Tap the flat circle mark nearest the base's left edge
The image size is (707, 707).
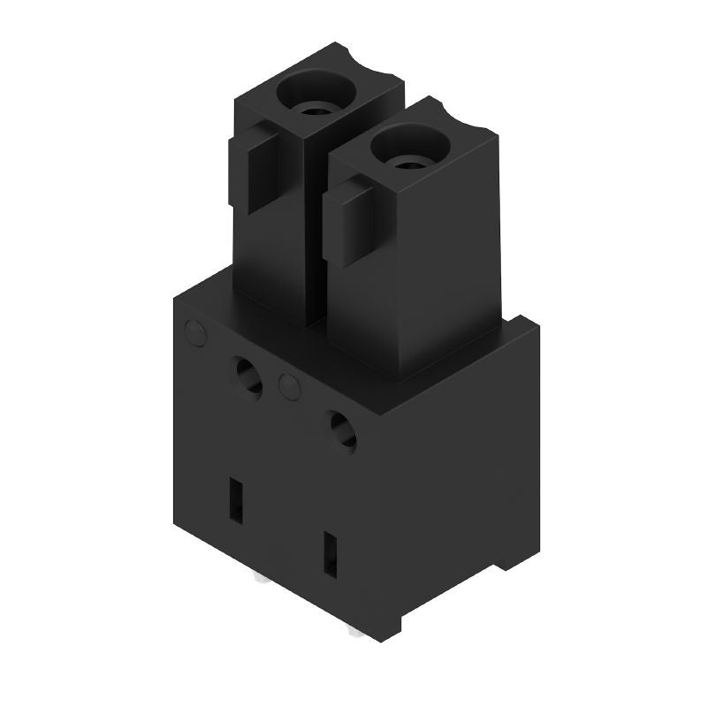tap(194, 333)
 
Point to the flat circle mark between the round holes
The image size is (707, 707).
tap(288, 384)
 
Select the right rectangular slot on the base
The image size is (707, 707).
tap(331, 555)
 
